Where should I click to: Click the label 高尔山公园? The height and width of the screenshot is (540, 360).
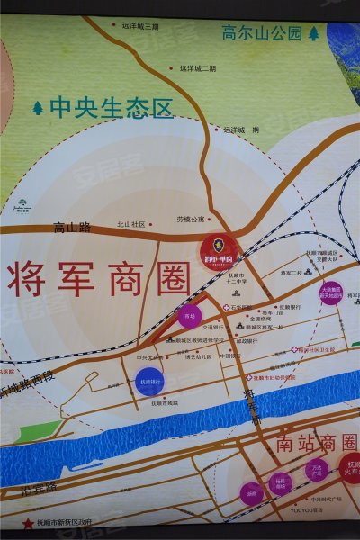(261, 33)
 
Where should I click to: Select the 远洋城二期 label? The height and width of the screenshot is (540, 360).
(197, 68)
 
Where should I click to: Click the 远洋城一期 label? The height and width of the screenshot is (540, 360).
(240, 130)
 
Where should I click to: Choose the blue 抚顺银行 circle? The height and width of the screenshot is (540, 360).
(150, 382)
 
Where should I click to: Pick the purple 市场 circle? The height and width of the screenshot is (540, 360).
(189, 316)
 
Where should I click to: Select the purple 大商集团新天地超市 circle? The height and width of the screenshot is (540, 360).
(330, 292)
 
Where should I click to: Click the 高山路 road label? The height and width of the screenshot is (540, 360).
(72, 227)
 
